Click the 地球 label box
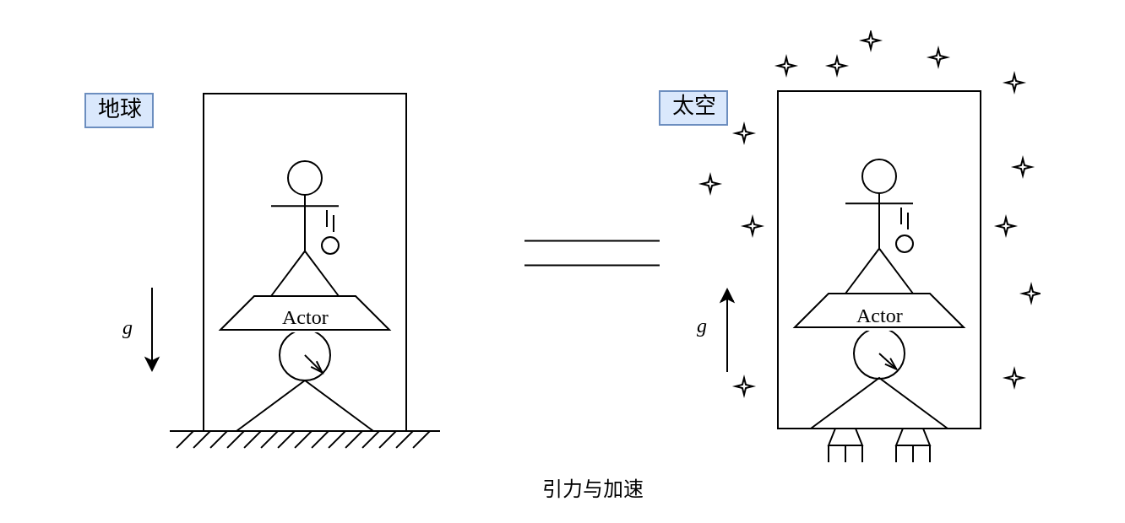pos(119,111)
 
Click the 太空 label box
pos(693,108)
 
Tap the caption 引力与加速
pos(593,488)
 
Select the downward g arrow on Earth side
pos(152,329)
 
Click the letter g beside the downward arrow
pos(128,328)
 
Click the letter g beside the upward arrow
pos(702,326)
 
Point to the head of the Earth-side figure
pos(305,178)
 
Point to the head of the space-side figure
pos(879,176)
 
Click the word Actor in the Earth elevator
pos(305,317)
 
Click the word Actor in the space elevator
pos(879,315)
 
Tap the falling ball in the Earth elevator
pos(330,245)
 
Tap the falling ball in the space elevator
pos(905,244)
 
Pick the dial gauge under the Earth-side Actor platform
pos(305,355)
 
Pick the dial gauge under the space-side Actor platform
pos(879,353)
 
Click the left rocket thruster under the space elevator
pos(845,445)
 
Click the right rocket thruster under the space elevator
pos(913,445)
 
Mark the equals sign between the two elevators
pos(592,253)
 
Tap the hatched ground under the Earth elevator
pos(304,439)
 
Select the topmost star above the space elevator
pos(871,40)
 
